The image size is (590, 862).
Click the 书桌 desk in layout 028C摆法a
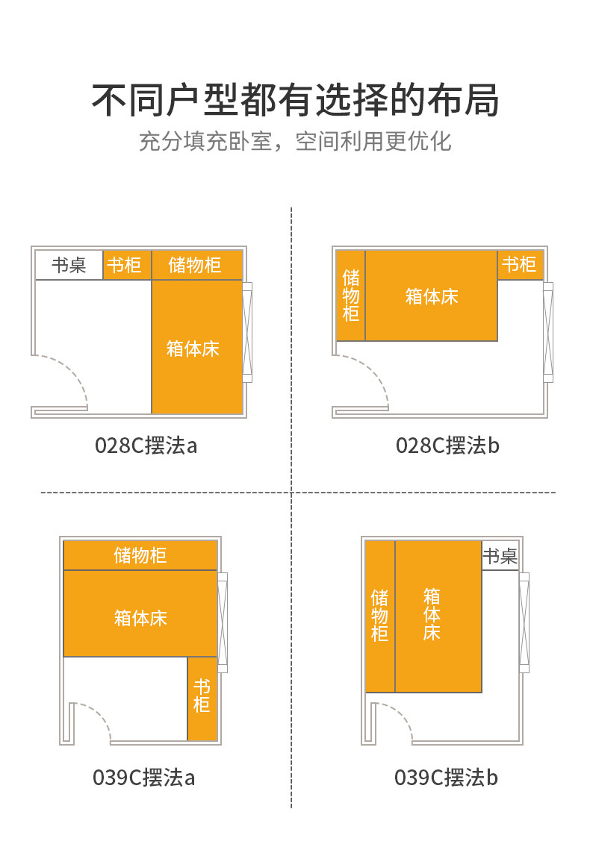point(69,265)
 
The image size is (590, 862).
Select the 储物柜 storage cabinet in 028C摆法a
point(197,265)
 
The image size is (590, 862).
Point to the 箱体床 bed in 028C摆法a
point(197,347)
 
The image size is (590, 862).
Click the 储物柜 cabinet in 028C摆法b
point(350,296)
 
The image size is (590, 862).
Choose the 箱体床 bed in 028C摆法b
point(432,296)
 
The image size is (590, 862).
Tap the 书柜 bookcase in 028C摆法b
point(521,264)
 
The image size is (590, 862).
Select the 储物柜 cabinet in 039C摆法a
point(140,555)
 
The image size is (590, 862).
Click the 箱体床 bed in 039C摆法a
point(140,613)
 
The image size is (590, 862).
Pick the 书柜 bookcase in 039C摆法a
point(202,699)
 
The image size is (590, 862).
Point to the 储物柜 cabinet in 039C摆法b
point(379,616)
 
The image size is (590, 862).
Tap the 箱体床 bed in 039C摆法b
point(438,616)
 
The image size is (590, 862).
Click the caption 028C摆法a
point(146,446)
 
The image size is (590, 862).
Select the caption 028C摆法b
point(447,446)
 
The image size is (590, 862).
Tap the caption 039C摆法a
point(143,778)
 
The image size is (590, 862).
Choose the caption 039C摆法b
point(446,778)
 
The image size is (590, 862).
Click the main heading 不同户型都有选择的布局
point(295,100)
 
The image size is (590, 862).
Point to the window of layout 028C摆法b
point(548,332)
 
